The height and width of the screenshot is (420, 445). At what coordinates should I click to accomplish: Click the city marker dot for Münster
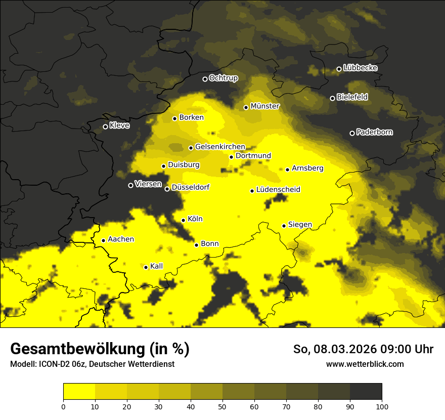point(246,107)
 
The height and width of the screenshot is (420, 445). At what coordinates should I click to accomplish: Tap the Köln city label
point(195,219)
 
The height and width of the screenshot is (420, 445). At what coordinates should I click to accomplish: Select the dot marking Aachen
point(103,240)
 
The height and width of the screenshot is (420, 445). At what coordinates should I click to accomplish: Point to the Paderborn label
point(375,132)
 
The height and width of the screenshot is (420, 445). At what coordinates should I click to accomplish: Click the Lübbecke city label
point(360,68)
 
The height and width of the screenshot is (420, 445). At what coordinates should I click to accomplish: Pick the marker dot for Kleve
point(105,127)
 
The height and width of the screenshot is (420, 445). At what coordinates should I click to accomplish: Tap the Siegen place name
point(300,225)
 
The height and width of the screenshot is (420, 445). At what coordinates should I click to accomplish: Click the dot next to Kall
point(146,267)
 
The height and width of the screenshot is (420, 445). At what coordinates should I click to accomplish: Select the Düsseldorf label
point(191,188)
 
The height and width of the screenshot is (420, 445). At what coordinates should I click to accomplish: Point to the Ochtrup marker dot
point(205,79)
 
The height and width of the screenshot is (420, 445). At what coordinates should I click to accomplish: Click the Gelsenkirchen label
point(220,147)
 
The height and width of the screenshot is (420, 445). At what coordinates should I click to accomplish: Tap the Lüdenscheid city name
point(278,190)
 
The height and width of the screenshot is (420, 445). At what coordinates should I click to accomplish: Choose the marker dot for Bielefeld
point(332,98)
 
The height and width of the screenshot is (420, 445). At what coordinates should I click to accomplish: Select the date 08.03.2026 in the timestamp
point(339,349)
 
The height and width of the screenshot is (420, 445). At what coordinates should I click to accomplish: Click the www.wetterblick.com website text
point(365,364)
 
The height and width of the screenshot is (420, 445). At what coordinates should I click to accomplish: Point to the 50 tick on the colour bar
point(223,405)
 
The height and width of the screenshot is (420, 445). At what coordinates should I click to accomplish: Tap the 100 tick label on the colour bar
point(382,405)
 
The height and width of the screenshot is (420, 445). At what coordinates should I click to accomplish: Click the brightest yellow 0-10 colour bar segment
point(79,392)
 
